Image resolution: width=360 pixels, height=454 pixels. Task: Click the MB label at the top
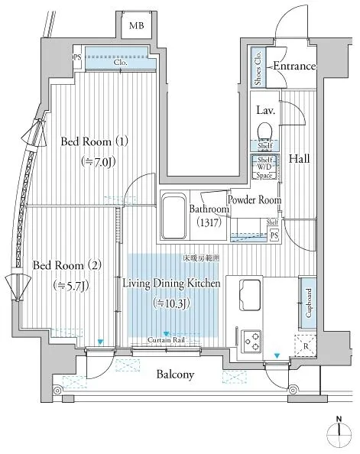point(136,26)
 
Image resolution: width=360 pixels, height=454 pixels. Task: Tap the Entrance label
point(294,66)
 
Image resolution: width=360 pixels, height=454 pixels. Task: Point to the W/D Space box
point(265,167)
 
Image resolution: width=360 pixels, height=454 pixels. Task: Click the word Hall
point(298,158)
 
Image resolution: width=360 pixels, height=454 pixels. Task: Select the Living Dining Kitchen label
point(172,284)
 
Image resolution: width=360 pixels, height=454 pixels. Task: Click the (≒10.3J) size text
point(171,303)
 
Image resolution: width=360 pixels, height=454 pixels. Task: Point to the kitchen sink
point(252,292)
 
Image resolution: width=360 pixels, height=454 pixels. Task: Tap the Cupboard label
point(308,303)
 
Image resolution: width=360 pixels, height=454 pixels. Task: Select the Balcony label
point(177,375)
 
